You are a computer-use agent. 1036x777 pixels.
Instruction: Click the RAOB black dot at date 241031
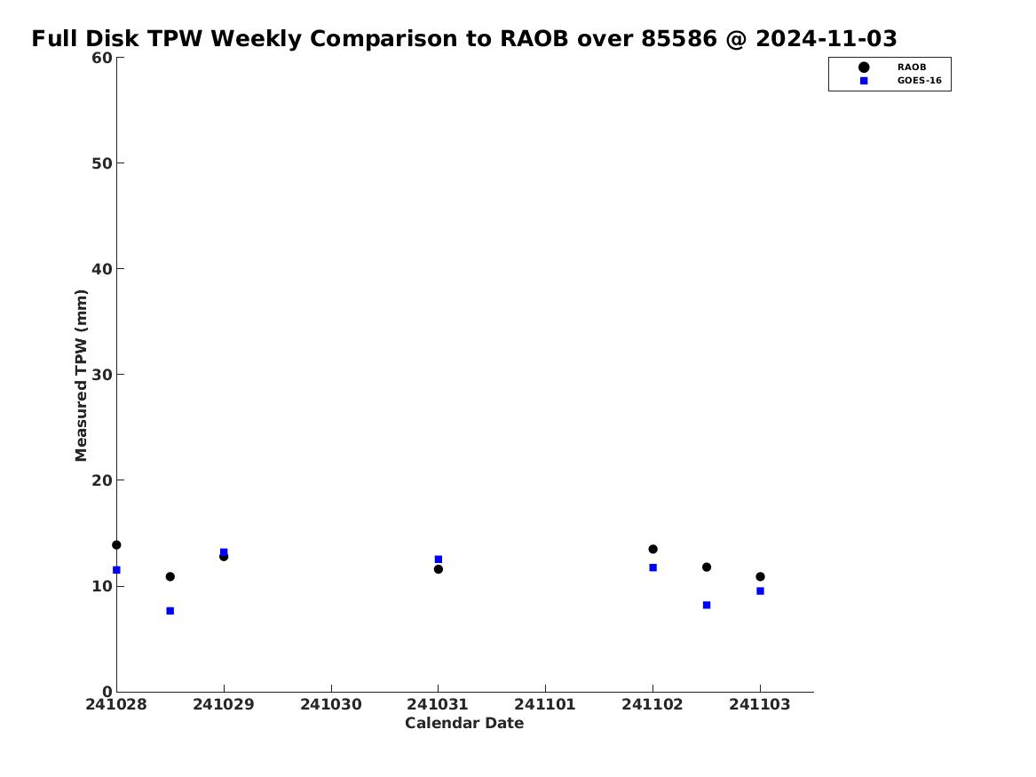pyautogui.click(x=438, y=569)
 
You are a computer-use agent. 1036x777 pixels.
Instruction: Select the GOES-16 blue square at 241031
pyautogui.click(x=438, y=559)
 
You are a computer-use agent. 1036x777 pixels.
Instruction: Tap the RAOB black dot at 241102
pyautogui.click(x=652, y=549)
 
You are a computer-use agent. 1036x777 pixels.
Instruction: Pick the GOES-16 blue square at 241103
pyautogui.click(x=760, y=591)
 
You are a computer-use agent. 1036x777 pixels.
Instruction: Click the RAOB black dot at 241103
pyautogui.click(x=760, y=576)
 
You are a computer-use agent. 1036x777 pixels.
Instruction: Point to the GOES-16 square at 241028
pyautogui.click(x=116, y=569)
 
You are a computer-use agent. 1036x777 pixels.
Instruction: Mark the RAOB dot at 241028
pyautogui.click(x=116, y=545)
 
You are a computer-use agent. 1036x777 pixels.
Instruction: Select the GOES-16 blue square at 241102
pyautogui.click(x=652, y=567)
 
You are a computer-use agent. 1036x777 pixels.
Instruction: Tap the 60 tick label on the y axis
pyautogui.click(x=102, y=58)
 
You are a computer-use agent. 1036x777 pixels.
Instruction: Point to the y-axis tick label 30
pyautogui.click(x=102, y=375)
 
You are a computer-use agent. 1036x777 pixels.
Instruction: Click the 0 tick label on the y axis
pyautogui.click(x=107, y=692)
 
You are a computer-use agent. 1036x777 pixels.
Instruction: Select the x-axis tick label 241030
pyautogui.click(x=331, y=704)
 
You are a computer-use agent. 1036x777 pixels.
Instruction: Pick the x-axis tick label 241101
pyautogui.click(x=545, y=704)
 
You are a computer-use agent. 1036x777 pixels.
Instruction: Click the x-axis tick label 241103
pyautogui.click(x=760, y=704)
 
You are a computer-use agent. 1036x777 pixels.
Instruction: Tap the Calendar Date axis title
pyautogui.click(x=464, y=723)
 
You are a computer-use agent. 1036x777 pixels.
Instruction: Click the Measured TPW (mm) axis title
pyautogui.click(x=81, y=376)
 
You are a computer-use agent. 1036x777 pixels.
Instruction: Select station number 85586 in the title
pyautogui.click(x=679, y=38)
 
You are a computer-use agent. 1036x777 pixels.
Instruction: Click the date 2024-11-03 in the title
pyautogui.click(x=826, y=38)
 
